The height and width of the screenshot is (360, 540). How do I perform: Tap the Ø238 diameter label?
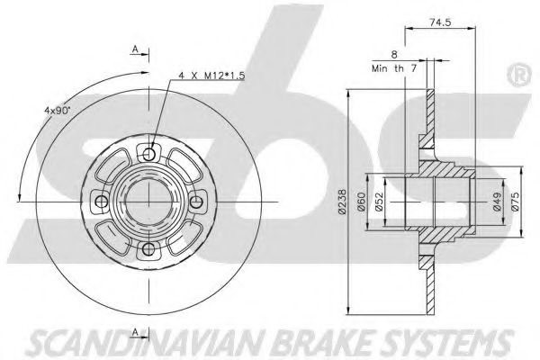[x=342, y=202]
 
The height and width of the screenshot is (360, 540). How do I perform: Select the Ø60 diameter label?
[x=361, y=202]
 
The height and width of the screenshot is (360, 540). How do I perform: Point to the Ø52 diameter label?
[x=379, y=202]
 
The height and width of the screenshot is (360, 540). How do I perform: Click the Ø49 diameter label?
[x=497, y=202]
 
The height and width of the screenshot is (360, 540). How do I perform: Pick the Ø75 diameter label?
[x=516, y=202]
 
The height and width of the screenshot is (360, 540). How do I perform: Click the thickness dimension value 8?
[x=395, y=54]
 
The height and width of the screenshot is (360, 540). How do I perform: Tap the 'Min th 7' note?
[x=394, y=68]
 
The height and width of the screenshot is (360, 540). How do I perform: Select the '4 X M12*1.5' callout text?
[x=211, y=76]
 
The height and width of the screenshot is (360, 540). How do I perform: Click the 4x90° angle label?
[x=57, y=110]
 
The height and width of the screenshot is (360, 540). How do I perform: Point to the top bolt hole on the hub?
[x=148, y=154]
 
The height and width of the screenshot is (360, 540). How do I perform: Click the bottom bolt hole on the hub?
[x=148, y=249]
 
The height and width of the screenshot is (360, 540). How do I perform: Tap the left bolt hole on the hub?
[x=101, y=202]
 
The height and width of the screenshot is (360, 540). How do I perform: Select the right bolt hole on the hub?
[x=196, y=202]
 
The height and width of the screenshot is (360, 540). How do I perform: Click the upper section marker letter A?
[x=135, y=49]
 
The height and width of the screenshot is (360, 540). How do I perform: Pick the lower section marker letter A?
[x=135, y=332]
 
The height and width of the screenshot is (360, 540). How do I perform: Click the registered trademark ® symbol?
[x=519, y=75]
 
